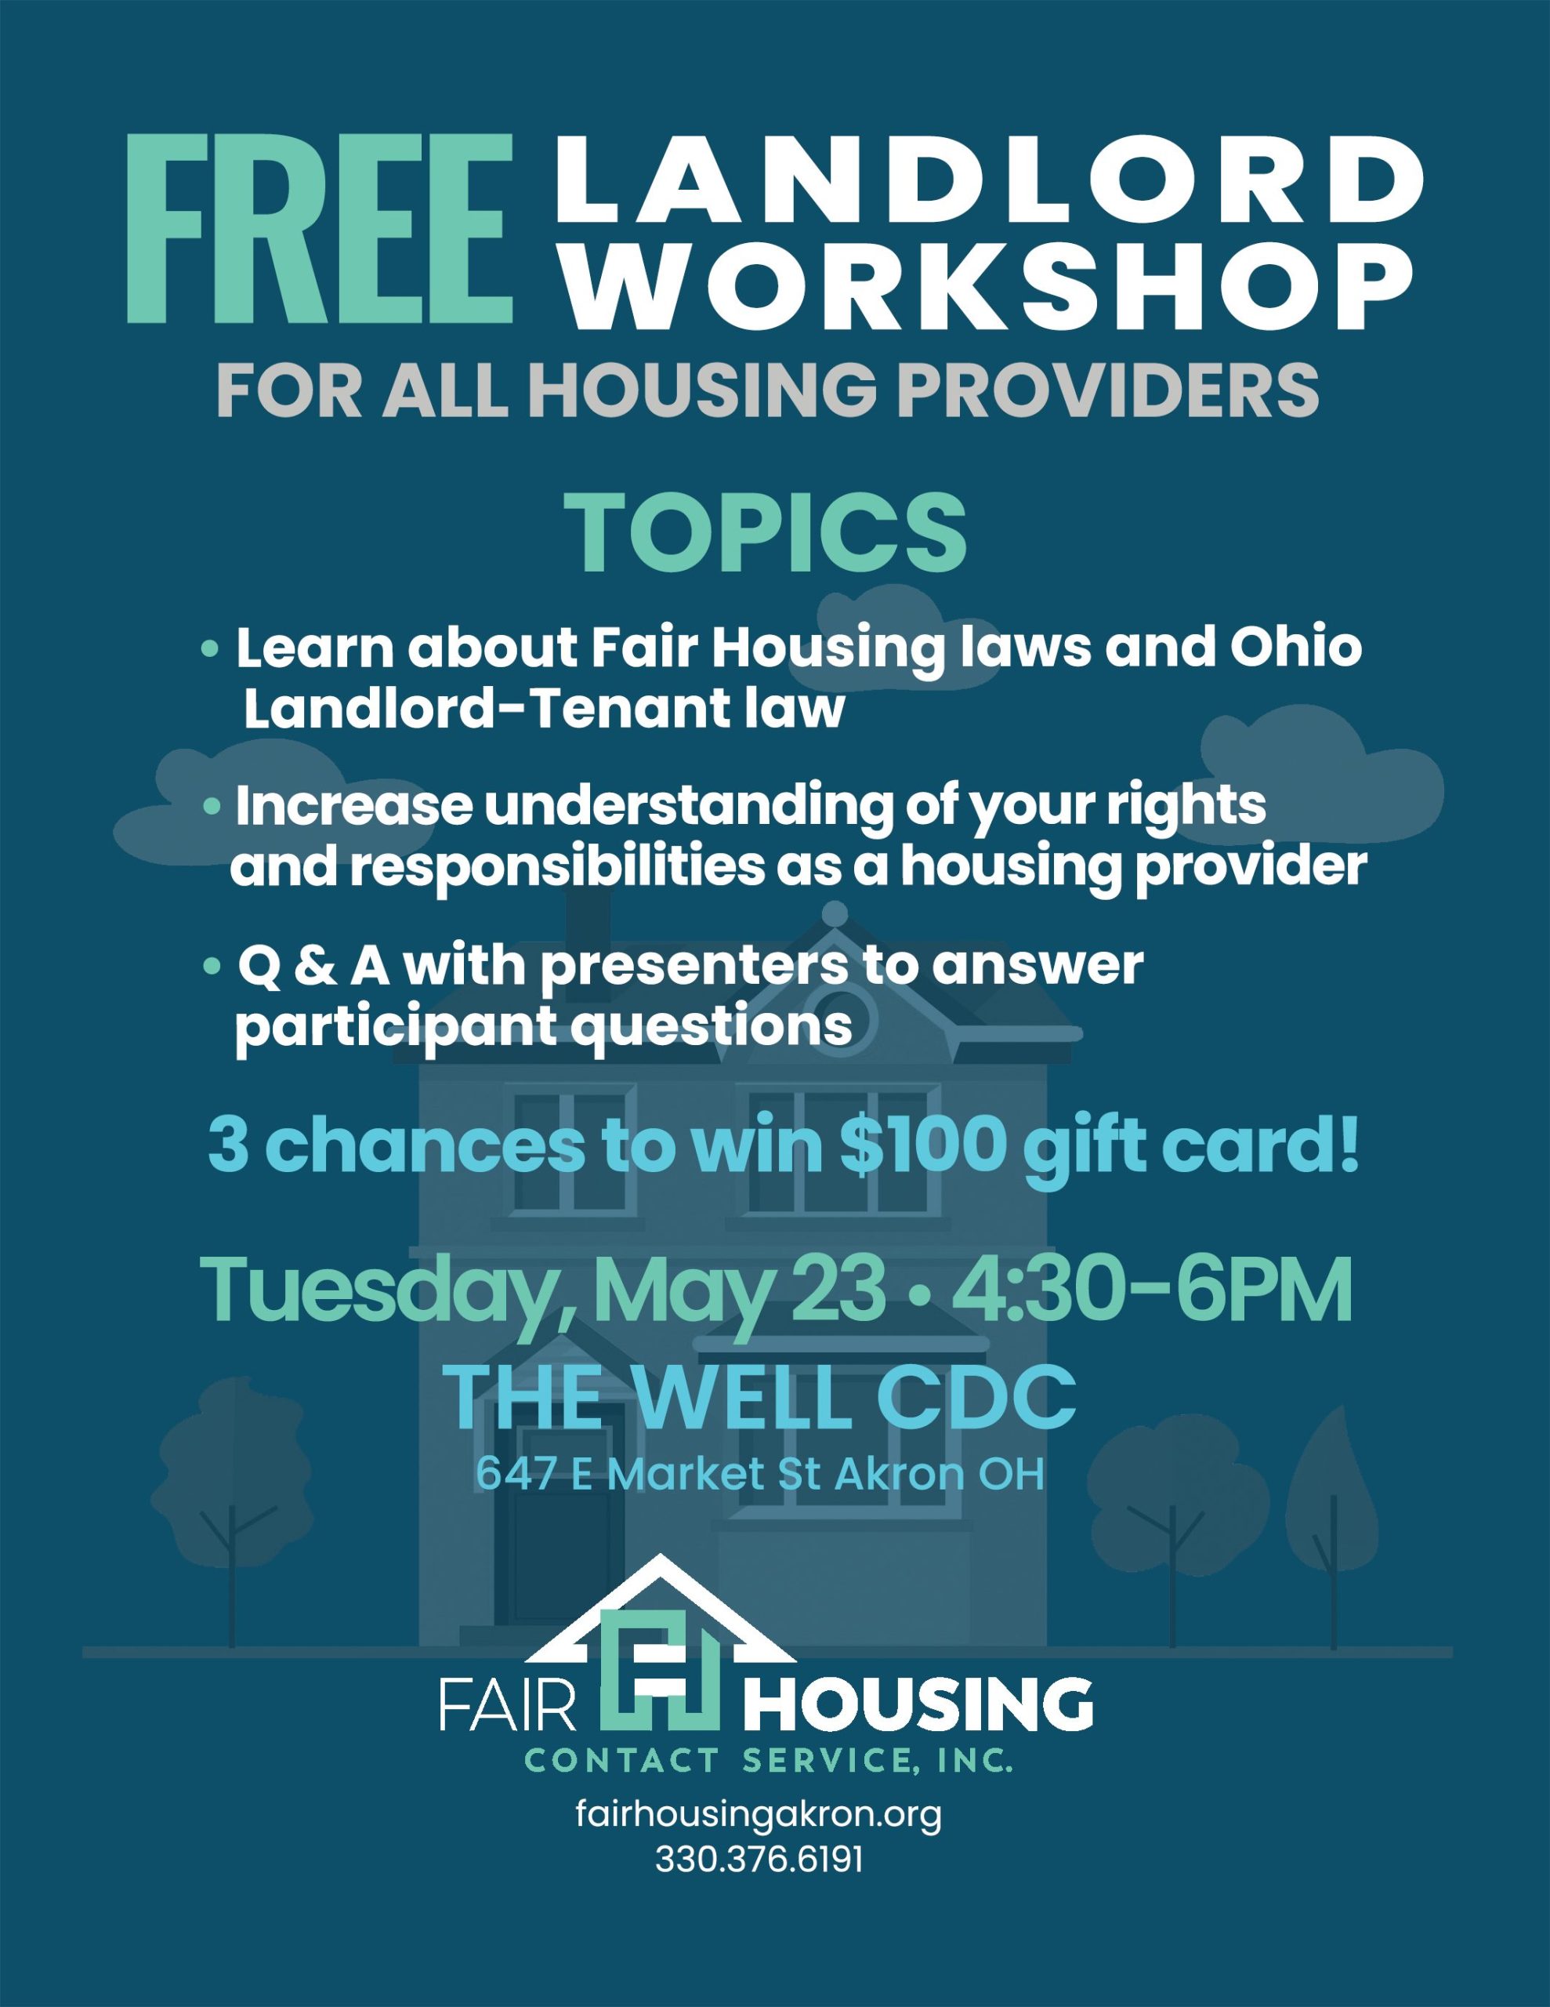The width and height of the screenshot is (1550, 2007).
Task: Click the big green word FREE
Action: pyautogui.click(x=318, y=229)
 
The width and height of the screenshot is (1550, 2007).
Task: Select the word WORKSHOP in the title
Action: pyautogui.click(x=986, y=284)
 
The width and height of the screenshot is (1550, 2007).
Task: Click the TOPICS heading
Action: pyautogui.click(x=770, y=533)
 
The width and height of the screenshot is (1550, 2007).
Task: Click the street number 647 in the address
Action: pyautogui.click(x=517, y=1475)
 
